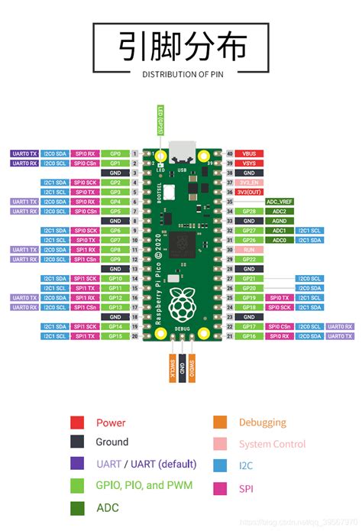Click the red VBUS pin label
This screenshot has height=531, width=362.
pyautogui.click(x=249, y=154)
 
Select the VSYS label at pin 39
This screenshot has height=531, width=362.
pyautogui.click(x=249, y=163)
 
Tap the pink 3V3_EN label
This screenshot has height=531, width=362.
pyautogui.click(x=249, y=183)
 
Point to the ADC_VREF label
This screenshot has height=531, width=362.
pyautogui.click(x=280, y=202)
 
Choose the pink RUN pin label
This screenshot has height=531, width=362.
pyautogui.click(x=249, y=250)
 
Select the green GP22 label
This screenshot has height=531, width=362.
pyautogui.click(x=249, y=259)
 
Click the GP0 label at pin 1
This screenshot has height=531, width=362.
pyautogui.click(x=115, y=154)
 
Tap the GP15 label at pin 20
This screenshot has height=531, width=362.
pyautogui.click(x=115, y=335)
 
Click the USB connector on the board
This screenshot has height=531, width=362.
pyautogui.click(x=181, y=151)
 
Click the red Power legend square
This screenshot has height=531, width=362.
pyautogui.click(x=77, y=423)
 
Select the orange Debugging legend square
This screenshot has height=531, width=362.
pyautogui.click(x=220, y=423)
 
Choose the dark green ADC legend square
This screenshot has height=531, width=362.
pyautogui.click(x=77, y=507)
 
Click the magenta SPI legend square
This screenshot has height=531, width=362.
pyautogui.click(x=220, y=487)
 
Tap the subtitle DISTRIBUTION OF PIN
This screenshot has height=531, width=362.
pyautogui.click(x=181, y=74)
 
